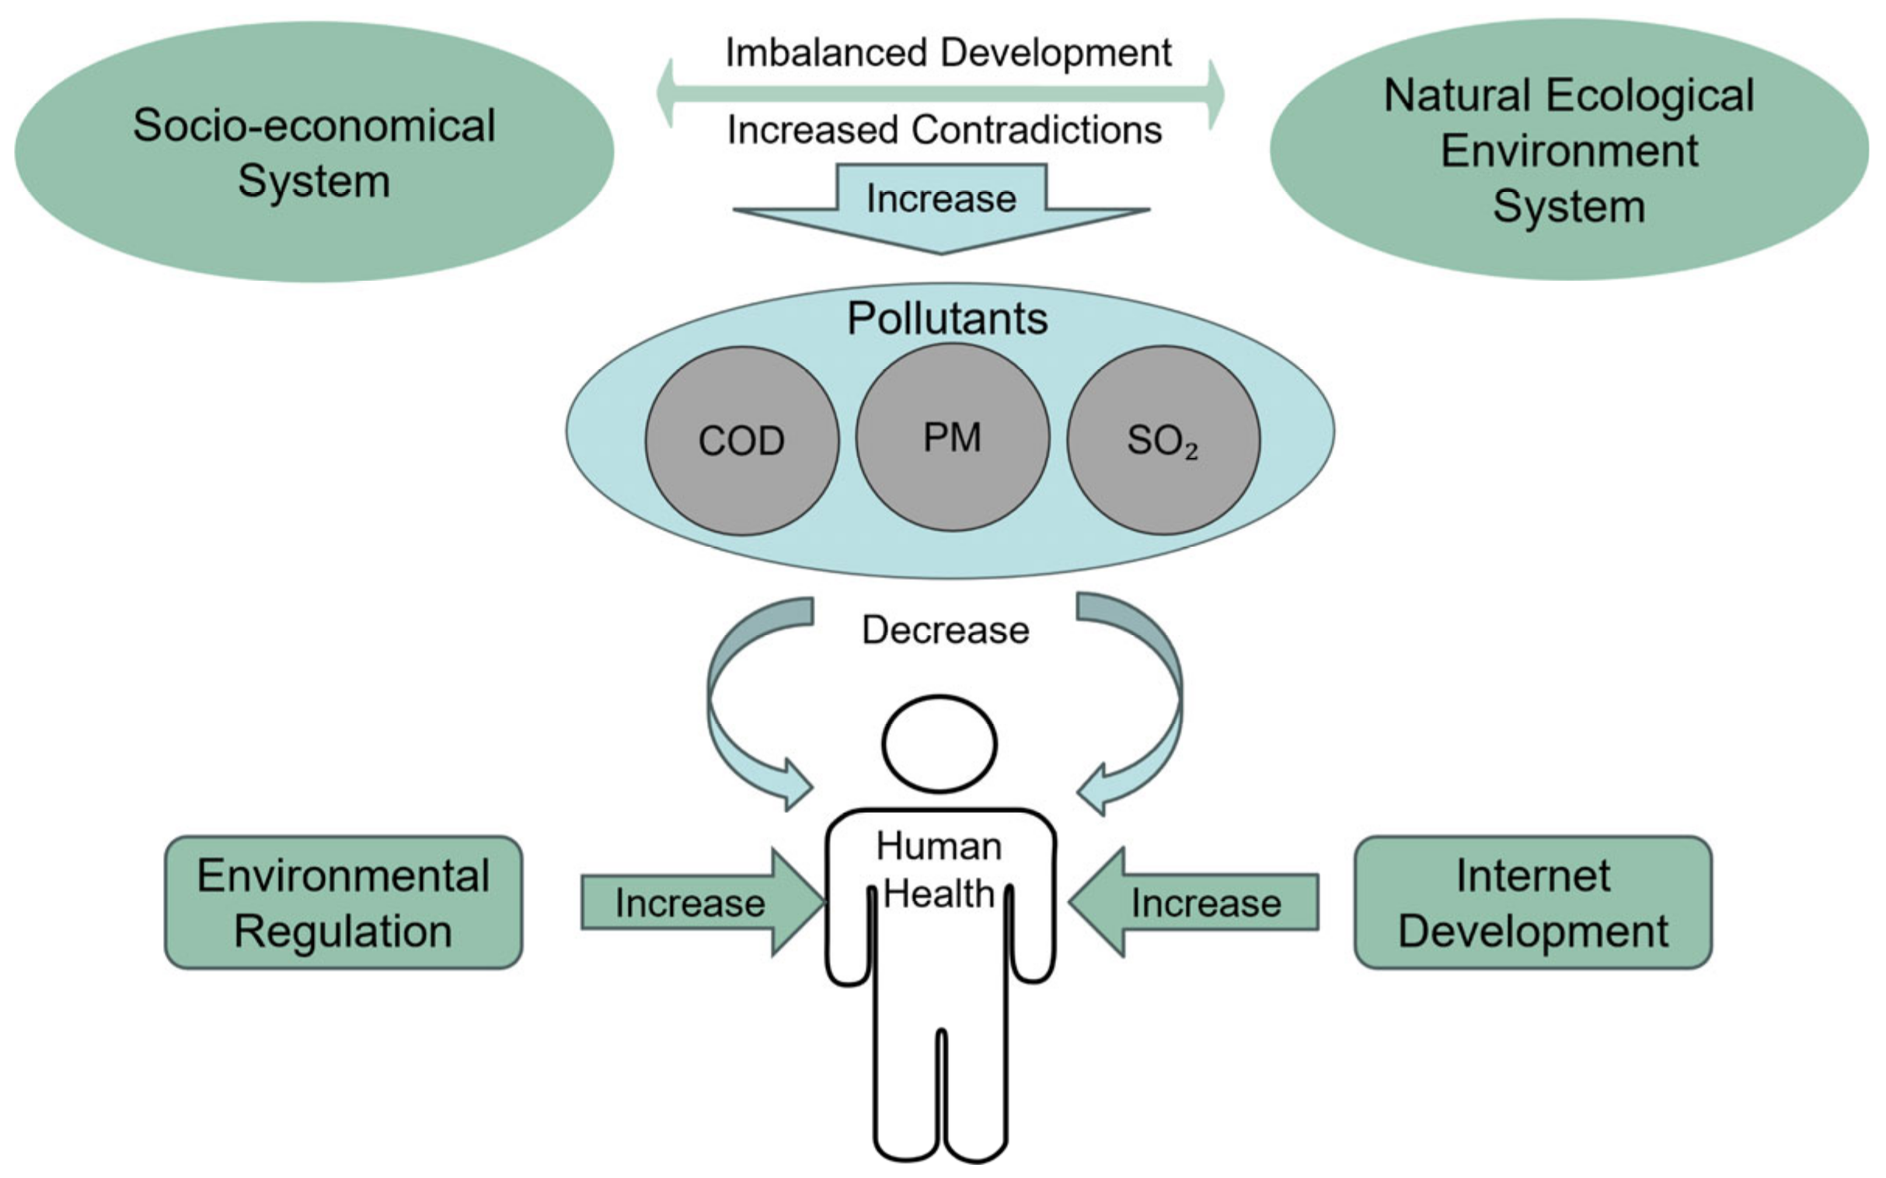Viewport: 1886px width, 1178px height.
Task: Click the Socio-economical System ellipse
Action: [x=314, y=152]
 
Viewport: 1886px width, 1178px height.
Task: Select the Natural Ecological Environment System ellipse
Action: [x=1568, y=149]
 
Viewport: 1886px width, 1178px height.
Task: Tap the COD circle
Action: [x=741, y=440]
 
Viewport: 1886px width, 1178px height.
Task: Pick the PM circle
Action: [x=952, y=437]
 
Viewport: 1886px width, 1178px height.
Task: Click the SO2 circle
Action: [x=1163, y=440]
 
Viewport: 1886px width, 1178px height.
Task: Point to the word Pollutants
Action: [x=947, y=319]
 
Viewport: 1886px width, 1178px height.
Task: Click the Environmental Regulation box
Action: [x=343, y=902]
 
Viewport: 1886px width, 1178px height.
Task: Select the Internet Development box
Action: [x=1532, y=902]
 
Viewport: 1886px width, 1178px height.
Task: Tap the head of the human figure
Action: [x=939, y=743]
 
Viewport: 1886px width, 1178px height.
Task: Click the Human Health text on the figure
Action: [x=939, y=869]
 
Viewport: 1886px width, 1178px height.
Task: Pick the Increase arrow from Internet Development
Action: [x=1195, y=902]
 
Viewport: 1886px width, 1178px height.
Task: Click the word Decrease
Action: [x=946, y=630]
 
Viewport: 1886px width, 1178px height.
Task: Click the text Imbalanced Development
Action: [x=948, y=53]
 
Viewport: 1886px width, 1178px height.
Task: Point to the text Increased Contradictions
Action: [x=944, y=129]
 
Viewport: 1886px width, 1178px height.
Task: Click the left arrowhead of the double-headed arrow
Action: [x=667, y=93]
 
